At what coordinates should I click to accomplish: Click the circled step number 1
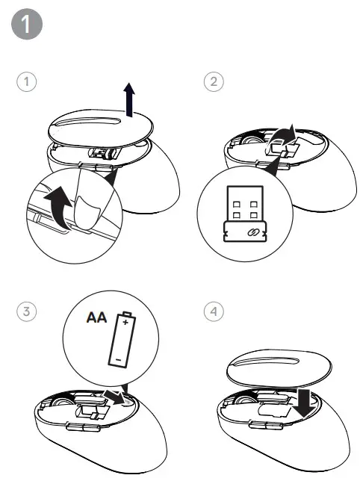[x=27, y=82]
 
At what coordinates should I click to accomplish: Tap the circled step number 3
[x=27, y=311]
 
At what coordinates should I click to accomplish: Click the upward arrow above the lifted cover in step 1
[x=130, y=100]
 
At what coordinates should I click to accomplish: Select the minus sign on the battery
[x=118, y=358]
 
